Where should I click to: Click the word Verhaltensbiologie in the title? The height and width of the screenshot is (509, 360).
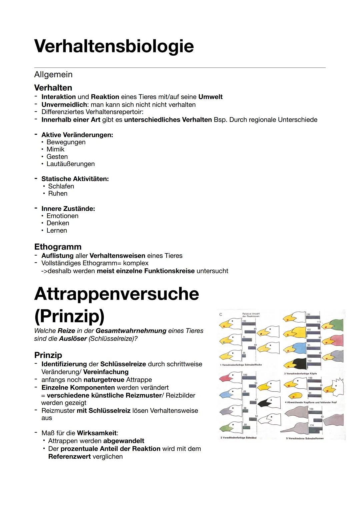(x=114, y=46)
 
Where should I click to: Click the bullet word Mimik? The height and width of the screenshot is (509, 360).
(x=55, y=149)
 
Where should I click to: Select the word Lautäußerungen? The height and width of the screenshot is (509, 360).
(x=70, y=164)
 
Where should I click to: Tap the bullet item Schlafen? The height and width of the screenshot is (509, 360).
(x=61, y=186)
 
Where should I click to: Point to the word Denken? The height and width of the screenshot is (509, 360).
(x=58, y=223)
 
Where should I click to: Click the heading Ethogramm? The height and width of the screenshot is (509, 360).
(x=58, y=247)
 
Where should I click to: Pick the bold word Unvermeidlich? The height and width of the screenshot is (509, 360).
(x=64, y=105)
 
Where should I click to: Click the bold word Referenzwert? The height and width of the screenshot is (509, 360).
(x=69, y=457)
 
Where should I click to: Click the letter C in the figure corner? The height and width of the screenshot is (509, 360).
(x=221, y=315)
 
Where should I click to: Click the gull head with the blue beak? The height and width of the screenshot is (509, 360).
(x=230, y=394)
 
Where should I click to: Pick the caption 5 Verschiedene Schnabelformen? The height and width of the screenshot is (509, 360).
(x=305, y=438)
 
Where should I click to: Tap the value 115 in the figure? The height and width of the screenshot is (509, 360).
(x=318, y=322)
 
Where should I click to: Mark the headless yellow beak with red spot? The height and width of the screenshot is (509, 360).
(x=295, y=396)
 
